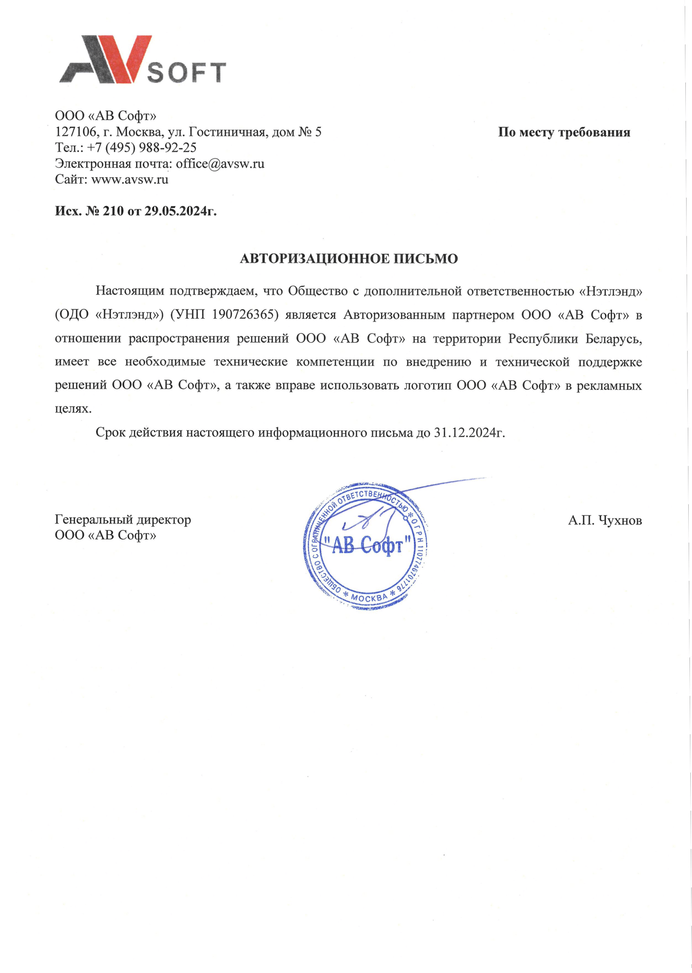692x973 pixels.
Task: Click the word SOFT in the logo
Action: click(186, 73)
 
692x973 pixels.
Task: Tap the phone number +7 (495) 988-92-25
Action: click(142, 148)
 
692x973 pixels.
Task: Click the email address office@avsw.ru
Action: click(220, 164)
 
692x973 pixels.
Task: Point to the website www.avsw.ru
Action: click(130, 179)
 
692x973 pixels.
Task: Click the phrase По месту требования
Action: click(564, 132)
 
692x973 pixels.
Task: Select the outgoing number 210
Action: click(113, 211)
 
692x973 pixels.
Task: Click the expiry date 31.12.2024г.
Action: click(469, 433)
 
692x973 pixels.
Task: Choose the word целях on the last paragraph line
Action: click(73, 409)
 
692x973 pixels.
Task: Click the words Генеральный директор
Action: click(123, 520)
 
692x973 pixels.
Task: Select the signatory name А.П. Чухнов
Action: click(604, 520)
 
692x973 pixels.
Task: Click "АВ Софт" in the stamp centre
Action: click(367, 545)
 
